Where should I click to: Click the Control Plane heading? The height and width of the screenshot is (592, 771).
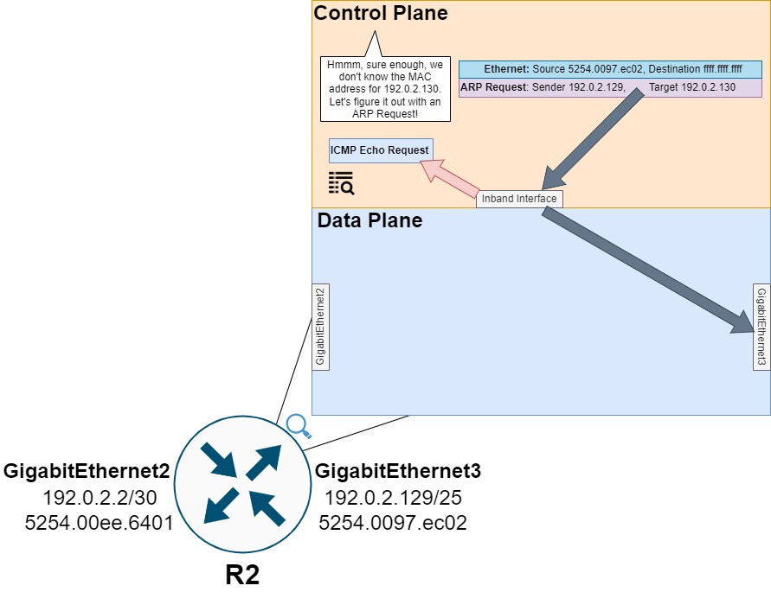pos(381,13)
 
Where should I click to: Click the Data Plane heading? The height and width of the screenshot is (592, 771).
pos(369,220)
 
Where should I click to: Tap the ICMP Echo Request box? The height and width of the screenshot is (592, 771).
pos(380,150)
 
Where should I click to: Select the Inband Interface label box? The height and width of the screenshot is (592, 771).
pos(519,199)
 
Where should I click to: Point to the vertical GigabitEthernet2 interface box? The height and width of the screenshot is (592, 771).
pos(320,326)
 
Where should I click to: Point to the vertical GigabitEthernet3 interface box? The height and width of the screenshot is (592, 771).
pos(761,326)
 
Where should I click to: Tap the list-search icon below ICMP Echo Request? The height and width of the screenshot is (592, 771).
pos(341,182)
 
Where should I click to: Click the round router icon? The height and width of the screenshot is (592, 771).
pos(242,484)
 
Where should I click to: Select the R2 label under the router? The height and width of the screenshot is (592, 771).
pos(242,574)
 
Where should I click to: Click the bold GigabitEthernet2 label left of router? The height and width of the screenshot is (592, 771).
pos(87,472)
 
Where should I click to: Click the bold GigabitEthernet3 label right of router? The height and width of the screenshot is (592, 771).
pos(398,472)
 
